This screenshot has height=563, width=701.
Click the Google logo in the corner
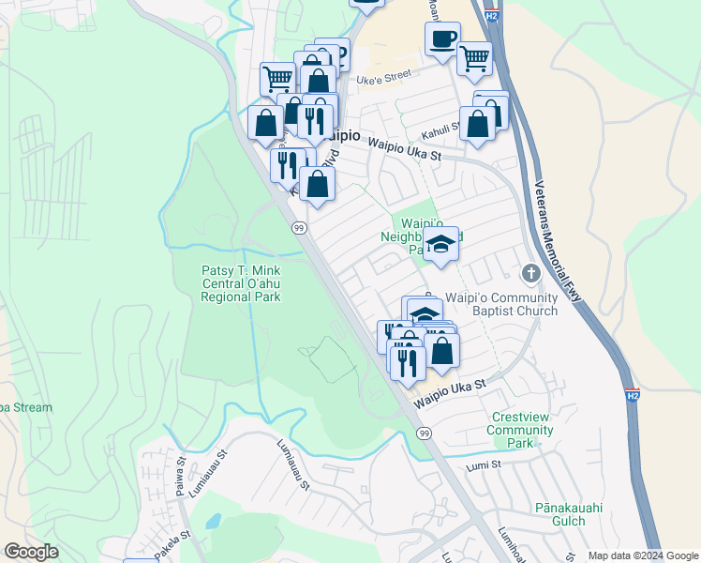(x=31, y=552)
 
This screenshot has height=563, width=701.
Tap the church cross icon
(x=530, y=273)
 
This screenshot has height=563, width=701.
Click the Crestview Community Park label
(x=519, y=430)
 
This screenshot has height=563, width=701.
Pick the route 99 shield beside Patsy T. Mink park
(x=299, y=228)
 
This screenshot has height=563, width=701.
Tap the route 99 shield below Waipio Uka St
(x=425, y=433)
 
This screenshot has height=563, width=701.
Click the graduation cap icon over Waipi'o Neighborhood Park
(x=440, y=244)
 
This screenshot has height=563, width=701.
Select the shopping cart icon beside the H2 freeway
(x=474, y=58)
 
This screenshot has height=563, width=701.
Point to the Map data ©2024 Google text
(x=642, y=555)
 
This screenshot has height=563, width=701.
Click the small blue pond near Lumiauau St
(x=213, y=521)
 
